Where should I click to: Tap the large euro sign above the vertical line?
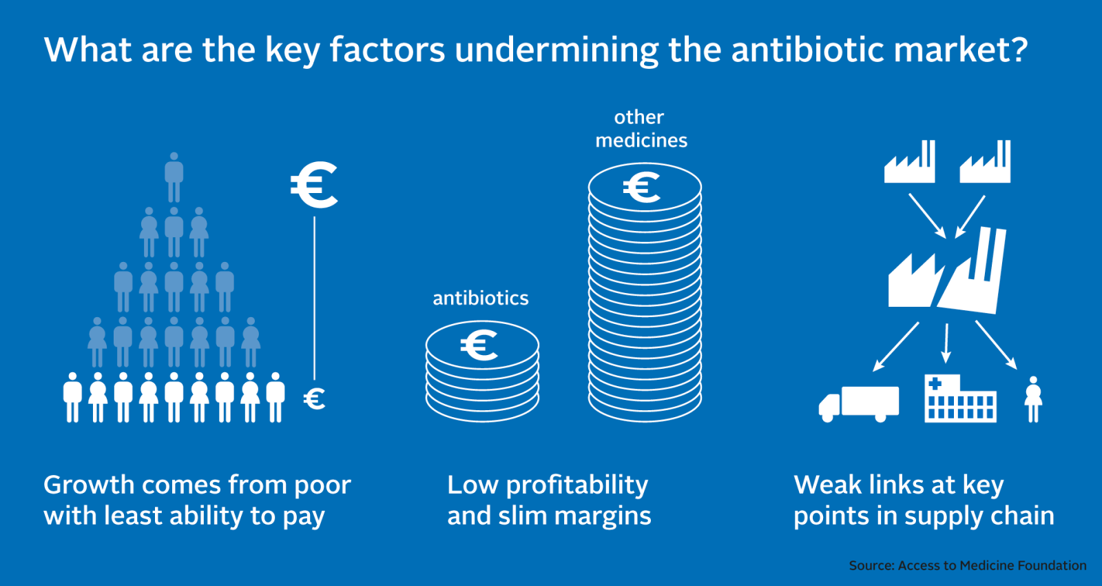(x=314, y=185)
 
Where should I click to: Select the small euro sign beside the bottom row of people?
(x=314, y=398)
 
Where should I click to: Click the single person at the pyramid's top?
(x=174, y=177)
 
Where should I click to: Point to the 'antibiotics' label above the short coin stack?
(x=481, y=298)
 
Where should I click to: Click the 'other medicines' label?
(x=641, y=128)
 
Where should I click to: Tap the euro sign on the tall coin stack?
(x=641, y=187)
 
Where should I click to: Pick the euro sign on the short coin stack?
(x=479, y=345)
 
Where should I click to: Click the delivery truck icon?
(x=859, y=404)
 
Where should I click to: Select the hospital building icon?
(x=960, y=398)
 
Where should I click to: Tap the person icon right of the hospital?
(x=1034, y=399)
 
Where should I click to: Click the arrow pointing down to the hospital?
(x=946, y=343)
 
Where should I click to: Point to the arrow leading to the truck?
(x=896, y=347)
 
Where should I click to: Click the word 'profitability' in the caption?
(x=577, y=486)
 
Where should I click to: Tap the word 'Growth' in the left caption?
(x=89, y=485)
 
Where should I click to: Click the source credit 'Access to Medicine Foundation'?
(x=992, y=565)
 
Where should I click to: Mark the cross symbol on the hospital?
(x=935, y=383)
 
